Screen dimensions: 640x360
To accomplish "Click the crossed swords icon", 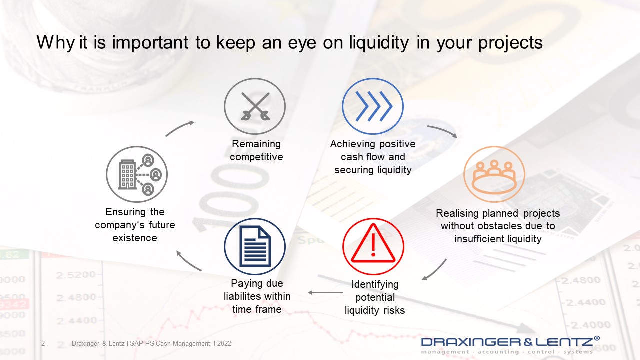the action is click(255, 106).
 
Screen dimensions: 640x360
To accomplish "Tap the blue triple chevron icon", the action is click(373, 106).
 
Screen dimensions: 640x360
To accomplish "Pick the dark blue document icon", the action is click(255, 246).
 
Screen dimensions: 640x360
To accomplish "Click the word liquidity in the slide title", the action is click(379, 43).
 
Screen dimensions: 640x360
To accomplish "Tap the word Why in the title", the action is click(56, 43).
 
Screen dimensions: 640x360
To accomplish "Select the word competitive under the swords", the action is click(256, 157).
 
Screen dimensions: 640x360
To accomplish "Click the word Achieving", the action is click(353, 144).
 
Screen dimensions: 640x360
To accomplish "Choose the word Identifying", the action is click(375, 284).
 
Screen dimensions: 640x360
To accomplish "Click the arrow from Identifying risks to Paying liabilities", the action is click(325, 292).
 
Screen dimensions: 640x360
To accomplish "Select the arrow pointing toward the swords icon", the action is click(179, 128).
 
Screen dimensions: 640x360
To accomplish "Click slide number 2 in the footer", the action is click(43, 343).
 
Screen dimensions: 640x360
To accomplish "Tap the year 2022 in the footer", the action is click(224, 343).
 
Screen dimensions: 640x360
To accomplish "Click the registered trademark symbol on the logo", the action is click(597, 338).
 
